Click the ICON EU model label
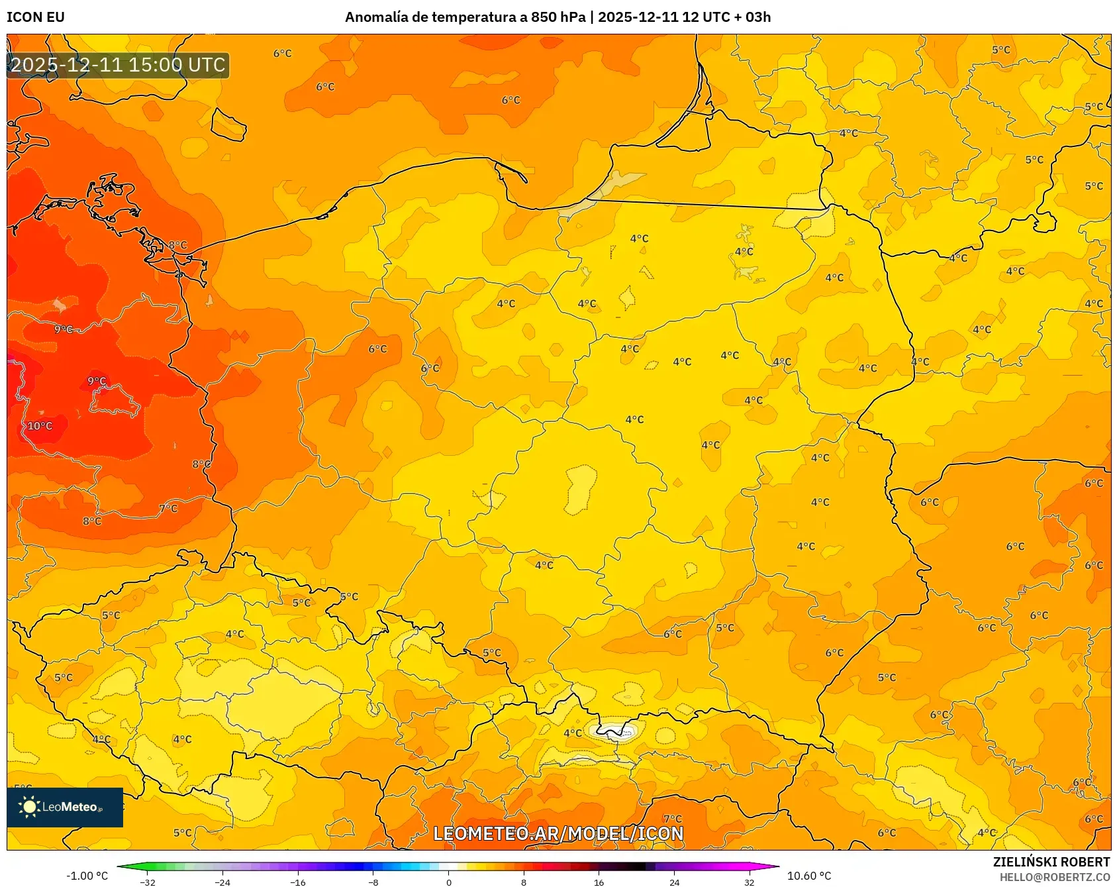pos(36,17)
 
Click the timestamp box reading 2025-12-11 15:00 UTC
pos(118,65)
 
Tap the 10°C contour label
pos(40,426)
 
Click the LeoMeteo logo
pos(64,807)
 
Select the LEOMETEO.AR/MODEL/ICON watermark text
pos(558,833)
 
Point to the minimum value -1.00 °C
pos(87,876)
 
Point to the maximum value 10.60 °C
pos(809,876)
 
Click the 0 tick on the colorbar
pos(449,882)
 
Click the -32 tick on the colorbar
pos(148,882)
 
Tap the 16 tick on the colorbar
pos(599,882)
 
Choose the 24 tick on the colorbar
pos(674,882)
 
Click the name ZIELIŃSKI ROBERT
pos(1051,862)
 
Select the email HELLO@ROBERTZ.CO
pos(1054,877)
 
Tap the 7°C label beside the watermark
pos(673,819)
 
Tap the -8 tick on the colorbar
pos(373,882)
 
